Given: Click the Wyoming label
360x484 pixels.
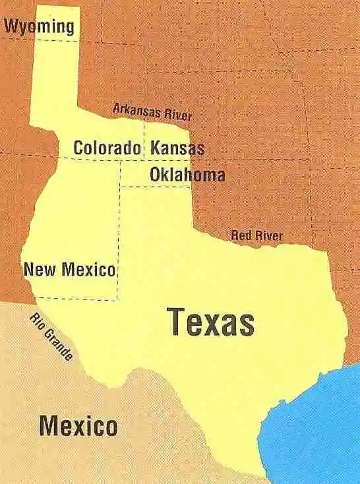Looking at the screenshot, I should pos(39,26).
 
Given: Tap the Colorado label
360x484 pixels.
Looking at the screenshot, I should pos(107,148).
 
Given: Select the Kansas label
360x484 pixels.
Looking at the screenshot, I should pos(177,148).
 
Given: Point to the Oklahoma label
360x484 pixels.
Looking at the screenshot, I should pos(187,175).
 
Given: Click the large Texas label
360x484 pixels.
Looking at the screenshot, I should pos(211,322).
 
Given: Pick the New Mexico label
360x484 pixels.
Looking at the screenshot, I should pos(69,269).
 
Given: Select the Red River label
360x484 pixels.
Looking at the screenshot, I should pos(257,235).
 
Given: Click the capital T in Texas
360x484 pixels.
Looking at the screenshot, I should pos(177,322).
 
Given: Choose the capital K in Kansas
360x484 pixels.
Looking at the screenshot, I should pos(155,148).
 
